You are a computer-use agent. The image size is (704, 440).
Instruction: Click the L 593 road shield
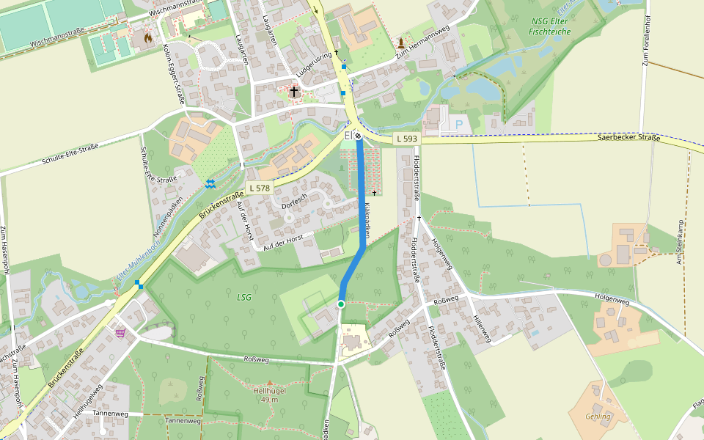click(407, 139)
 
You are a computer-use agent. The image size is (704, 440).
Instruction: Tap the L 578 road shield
click(260, 188)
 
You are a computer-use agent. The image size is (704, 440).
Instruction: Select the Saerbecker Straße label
click(628, 137)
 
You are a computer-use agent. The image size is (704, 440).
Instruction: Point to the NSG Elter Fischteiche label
click(550, 26)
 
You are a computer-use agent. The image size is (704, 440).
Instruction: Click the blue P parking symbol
click(459, 125)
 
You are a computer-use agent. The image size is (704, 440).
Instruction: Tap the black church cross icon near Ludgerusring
click(295, 92)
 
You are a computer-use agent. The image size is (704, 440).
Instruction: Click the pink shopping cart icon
click(120, 332)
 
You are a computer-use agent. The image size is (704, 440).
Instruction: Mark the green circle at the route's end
click(341, 304)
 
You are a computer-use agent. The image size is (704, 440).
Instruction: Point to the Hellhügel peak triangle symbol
click(269, 382)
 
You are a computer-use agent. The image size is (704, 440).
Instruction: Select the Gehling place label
click(598, 416)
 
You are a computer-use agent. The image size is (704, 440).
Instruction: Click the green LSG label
click(244, 297)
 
